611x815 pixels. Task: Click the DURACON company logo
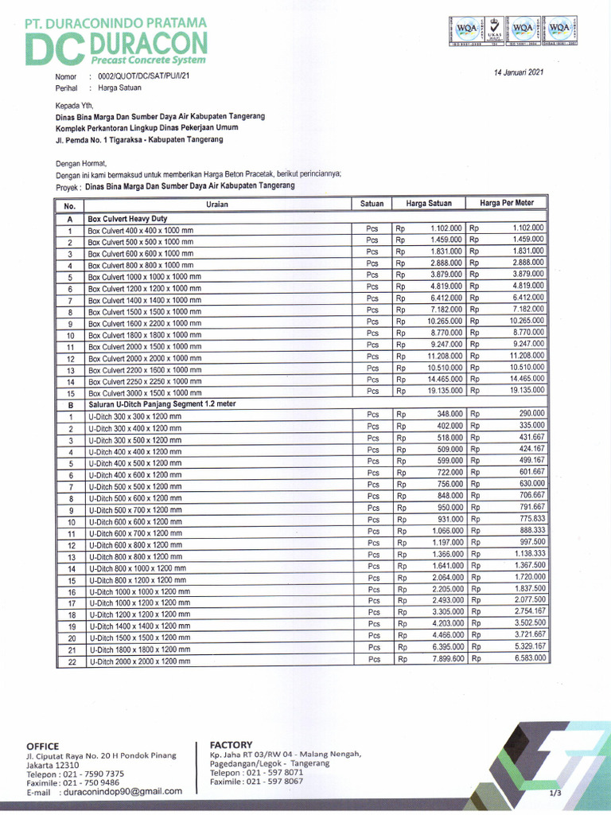click(x=115, y=45)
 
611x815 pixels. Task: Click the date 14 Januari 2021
click(x=517, y=72)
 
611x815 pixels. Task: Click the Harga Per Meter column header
click(x=507, y=203)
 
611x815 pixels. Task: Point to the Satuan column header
click(x=372, y=204)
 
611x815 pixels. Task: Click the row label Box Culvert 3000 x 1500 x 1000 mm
click(x=144, y=394)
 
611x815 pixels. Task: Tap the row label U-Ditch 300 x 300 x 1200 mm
click(x=134, y=417)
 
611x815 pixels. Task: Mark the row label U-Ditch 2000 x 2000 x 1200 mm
click(x=139, y=661)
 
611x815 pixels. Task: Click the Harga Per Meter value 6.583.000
click(x=530, y=658)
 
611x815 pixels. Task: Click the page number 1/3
click(x=555, y=793)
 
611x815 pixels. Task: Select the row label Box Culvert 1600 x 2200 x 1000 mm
click(x=144, y=324)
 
